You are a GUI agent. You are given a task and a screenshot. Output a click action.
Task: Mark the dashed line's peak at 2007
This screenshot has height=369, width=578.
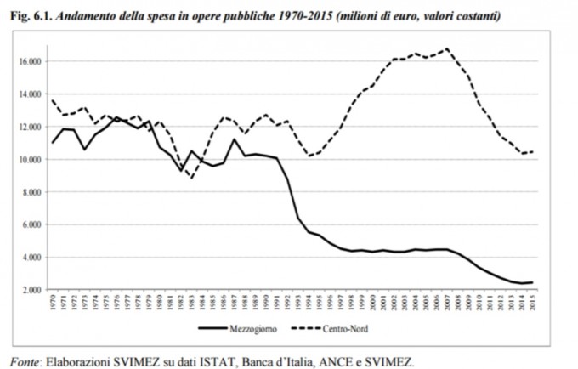pos(446,48)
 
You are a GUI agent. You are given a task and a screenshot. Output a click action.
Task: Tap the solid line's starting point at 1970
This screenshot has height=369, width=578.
pos(53,143)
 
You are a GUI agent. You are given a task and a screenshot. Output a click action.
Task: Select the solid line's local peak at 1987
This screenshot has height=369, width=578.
pos(234,139)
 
